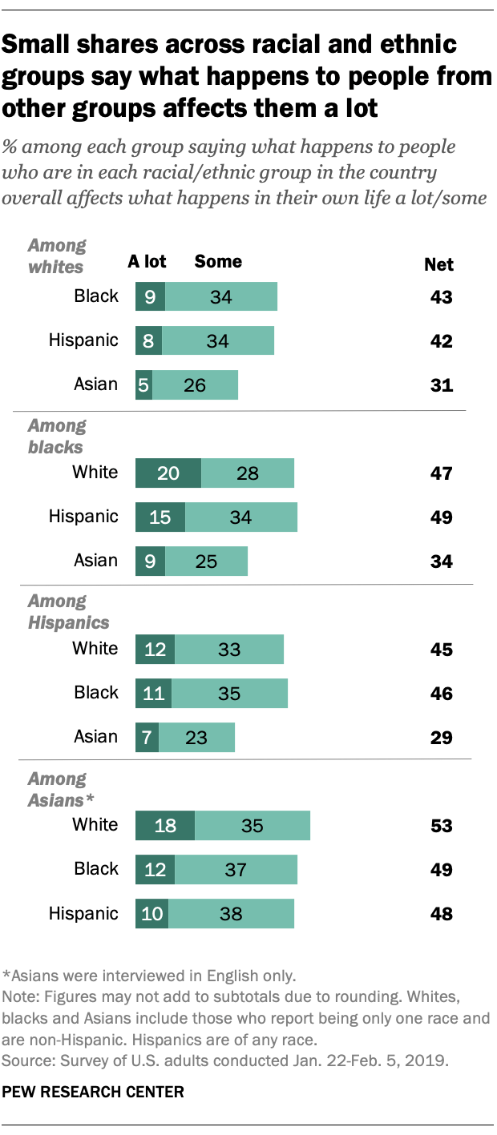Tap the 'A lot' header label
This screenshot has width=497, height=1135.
[147, 262]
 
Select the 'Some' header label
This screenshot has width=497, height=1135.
[218, 262]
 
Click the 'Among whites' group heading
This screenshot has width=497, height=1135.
[57, 256]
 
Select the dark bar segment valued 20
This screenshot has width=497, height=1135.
[168, 473]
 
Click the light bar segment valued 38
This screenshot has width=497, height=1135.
[231, 913]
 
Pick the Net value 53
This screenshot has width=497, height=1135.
[440, 825]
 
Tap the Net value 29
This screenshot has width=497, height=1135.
[440, 737]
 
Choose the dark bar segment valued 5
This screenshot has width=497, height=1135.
[144, 384]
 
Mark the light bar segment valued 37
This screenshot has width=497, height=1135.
[236, 869]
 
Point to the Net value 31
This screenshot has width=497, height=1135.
[440, 384]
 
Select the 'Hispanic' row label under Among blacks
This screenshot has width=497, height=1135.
[83, 517]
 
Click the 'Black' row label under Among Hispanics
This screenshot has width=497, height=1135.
[95, 693]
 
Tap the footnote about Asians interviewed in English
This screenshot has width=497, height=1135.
[150, 976]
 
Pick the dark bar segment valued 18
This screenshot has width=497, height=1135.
[165, 825]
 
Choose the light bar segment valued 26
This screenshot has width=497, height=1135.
[195, 384]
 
